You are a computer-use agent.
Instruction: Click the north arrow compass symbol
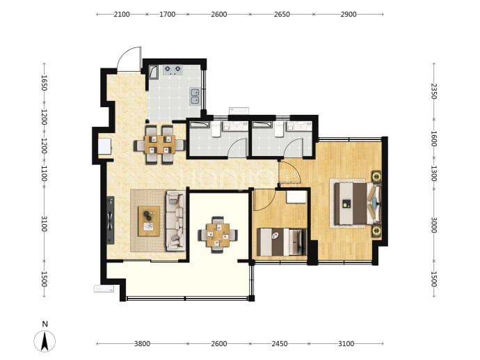point(45,341)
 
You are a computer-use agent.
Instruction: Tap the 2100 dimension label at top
point(122,15)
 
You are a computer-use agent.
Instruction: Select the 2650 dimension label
point(282,15)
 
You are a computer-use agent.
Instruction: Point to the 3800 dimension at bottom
point(142,344)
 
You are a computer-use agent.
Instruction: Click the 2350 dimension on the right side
point(434,91)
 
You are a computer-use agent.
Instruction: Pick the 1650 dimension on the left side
point(44,83)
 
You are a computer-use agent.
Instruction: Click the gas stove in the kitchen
point(173,70)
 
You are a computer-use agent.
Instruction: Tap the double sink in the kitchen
point(195,96)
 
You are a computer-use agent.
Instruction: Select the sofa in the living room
point(176,221)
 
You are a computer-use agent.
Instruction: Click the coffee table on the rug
point(149,221)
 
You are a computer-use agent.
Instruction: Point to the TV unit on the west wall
point(110,220)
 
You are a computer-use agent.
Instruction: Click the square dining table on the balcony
point(218,235)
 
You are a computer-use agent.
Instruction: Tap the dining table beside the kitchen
point(160,144)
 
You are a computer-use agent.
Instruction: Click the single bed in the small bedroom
point(282,242)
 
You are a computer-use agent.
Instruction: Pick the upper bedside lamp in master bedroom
point(376,176)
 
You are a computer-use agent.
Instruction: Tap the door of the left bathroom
point(238,148)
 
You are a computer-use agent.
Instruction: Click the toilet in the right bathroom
point(278,129)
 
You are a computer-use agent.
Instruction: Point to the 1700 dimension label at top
point(167,15)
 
